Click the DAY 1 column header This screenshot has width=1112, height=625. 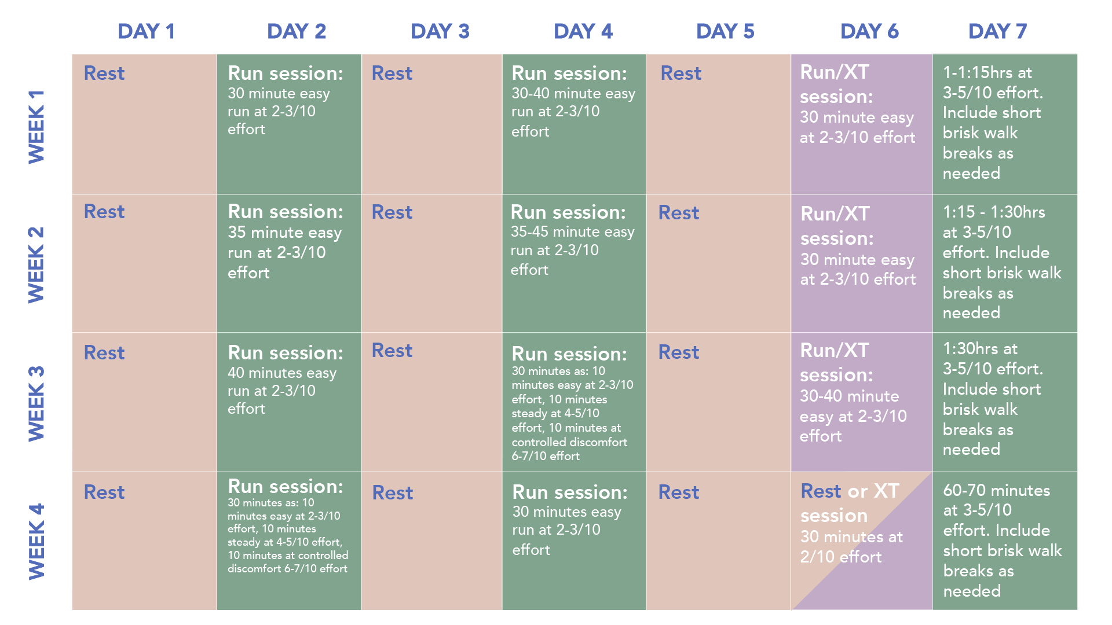pos(146,31)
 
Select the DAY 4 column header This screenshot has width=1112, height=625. pos(583,31)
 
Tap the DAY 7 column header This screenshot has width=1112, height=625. pos(998,31)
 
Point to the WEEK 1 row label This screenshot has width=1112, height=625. pos(36,127)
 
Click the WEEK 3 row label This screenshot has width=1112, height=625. pos(36,403)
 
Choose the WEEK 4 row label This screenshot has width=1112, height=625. pos(36,542)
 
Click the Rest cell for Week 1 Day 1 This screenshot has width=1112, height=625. pos(144,124)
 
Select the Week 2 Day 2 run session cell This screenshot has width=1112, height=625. pos(289,263)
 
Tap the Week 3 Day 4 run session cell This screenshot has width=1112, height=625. pos(574,402)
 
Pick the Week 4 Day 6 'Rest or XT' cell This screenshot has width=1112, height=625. pos(862,541)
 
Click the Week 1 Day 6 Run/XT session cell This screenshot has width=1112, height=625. pos(862,124)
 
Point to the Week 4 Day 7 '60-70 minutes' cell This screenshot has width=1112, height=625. pos(1005,541)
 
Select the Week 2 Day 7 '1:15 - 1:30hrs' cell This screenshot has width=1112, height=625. pos(1005,263)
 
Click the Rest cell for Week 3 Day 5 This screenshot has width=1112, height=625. pos(718,402)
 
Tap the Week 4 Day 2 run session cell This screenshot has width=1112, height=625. pos(289,541)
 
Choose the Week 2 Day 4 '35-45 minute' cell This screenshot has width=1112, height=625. pos(574,263)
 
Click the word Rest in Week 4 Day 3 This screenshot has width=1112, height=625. pos(393,492)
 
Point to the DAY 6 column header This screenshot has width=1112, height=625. pos(869,31)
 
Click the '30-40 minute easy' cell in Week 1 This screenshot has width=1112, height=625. pos(574,124)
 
